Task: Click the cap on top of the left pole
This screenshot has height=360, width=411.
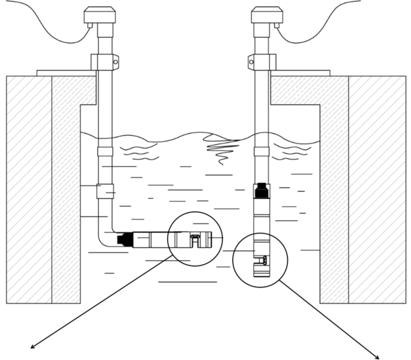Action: point(100,15)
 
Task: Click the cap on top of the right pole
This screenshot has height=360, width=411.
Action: point(267,15)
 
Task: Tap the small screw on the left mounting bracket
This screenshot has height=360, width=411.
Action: point(115,62)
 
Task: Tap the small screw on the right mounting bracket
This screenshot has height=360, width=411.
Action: point(251,62)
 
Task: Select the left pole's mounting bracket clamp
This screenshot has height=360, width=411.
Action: point(104,62)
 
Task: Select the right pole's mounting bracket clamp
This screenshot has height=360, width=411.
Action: point(262,62)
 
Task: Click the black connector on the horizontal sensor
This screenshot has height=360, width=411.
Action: point(123,239)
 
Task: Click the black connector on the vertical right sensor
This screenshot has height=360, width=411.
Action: point(261,190)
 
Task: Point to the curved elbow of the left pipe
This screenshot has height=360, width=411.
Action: point(102,241)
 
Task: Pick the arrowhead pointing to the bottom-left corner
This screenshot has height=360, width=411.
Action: point(32,347)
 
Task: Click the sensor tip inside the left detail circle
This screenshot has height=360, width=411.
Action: point(195,239)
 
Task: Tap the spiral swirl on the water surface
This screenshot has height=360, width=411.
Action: point(222,148)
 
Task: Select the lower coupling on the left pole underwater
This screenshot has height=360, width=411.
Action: point(105,191)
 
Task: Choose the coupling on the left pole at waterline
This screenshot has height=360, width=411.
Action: point(105,151)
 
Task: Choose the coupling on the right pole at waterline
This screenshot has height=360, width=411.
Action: point(262,151)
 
